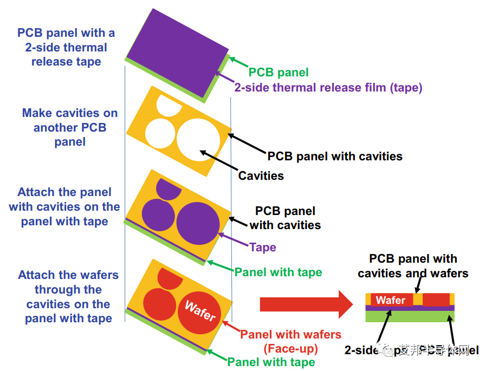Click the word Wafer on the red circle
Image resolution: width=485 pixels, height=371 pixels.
201,311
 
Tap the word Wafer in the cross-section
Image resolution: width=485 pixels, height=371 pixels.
390,300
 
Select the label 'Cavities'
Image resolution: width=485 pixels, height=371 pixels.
261,175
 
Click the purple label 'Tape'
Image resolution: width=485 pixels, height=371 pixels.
263,248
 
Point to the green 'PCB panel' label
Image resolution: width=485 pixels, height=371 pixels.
279,72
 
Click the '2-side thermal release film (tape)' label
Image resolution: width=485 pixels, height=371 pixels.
328,87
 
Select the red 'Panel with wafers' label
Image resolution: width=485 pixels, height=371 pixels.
290,335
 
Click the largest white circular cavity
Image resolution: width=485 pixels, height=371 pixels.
198,139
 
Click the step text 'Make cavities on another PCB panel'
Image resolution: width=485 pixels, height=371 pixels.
70,128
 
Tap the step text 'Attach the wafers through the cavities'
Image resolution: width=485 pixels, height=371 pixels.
68,297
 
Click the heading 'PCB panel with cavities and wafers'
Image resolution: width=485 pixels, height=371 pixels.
413,266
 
